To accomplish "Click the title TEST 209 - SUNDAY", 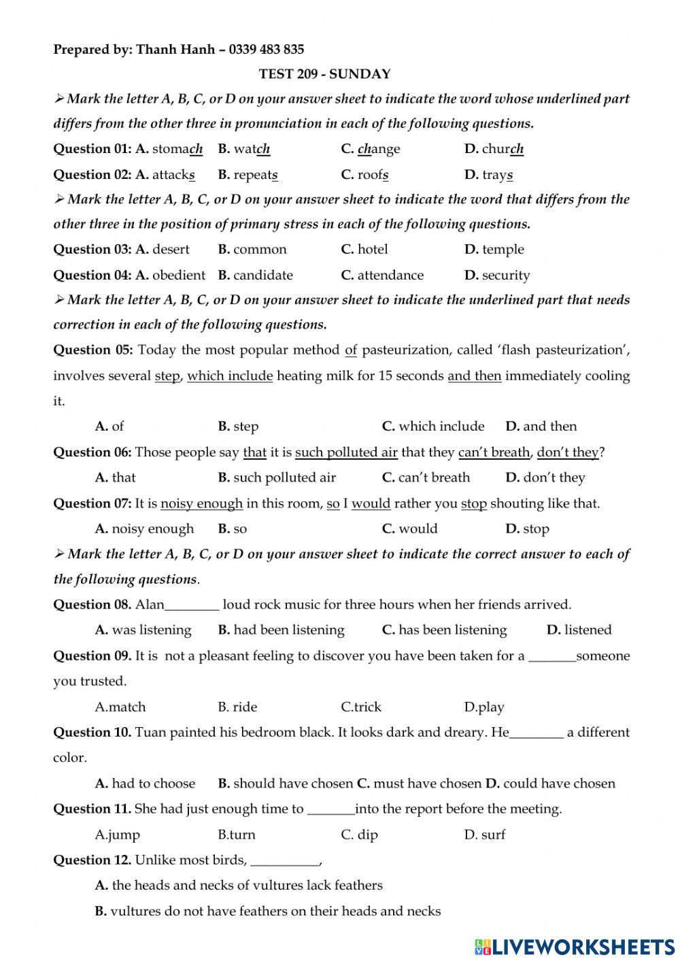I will tap(324, 74).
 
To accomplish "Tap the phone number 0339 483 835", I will tap(267, 49).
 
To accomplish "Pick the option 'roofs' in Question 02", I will tap(373, 175).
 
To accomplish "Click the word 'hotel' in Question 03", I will tap(373, 250).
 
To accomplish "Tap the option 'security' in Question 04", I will tap(505, 275).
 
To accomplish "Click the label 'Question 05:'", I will tap(93, 350).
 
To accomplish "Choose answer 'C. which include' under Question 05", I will tap(433, 426).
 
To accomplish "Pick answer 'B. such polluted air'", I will tap(277, 477).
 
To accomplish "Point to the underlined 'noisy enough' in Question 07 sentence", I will tap(201, 504).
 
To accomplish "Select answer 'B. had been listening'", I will tap(281, 630).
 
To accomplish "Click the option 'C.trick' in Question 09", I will tap(361, 707).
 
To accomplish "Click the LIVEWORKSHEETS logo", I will tap(575, 946).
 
